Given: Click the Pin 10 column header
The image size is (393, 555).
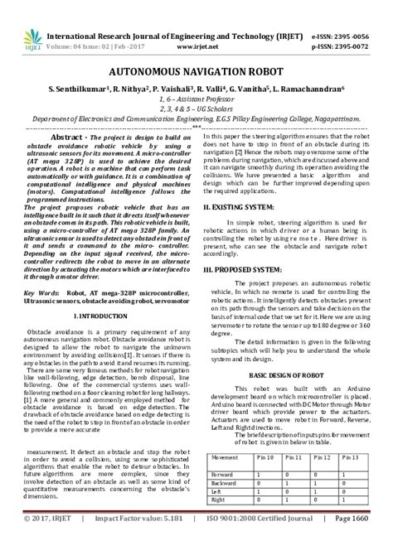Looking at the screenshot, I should [x=265, y=456].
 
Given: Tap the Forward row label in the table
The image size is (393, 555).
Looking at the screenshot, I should [x=224, y=474].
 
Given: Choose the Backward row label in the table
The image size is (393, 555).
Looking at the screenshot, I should [x=226, y=483].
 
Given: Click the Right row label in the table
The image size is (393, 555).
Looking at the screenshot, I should [x=220, y=500].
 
